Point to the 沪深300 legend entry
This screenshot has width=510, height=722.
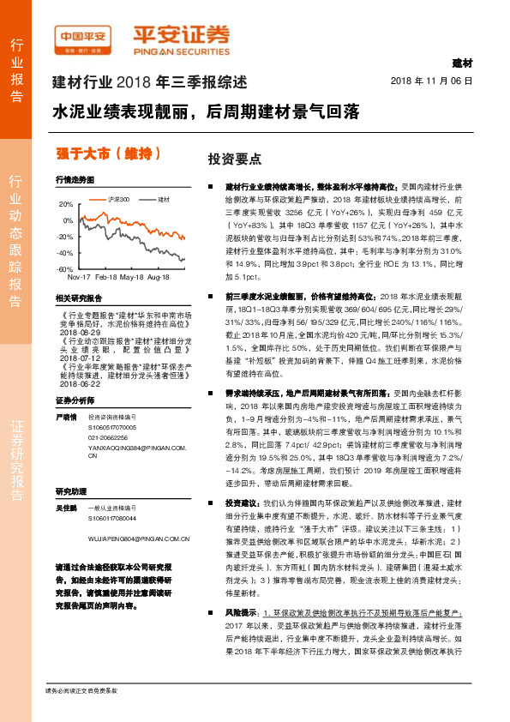point(118,199)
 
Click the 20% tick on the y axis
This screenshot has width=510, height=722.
point(65,206)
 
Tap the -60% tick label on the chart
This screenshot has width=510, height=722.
point(64,269)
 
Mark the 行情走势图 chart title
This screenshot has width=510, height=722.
point(74,181)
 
